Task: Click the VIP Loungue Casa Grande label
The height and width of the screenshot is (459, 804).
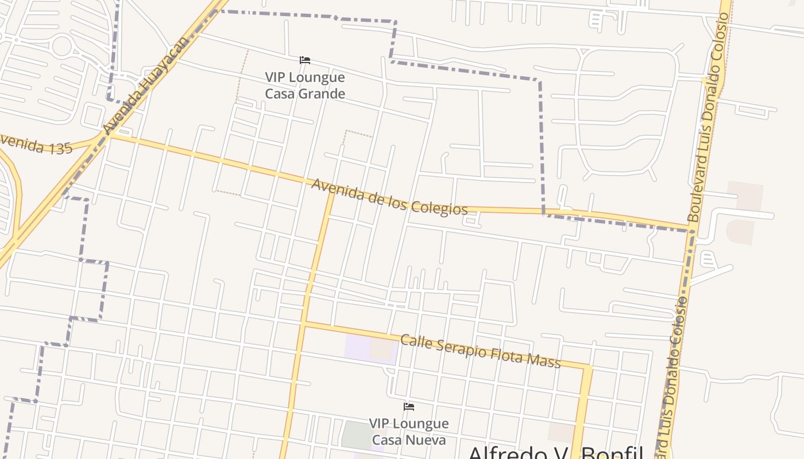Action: point(305,85)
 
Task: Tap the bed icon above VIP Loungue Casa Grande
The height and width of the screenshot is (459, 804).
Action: point(305,60)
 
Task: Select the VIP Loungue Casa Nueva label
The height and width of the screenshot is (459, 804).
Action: point(408,431)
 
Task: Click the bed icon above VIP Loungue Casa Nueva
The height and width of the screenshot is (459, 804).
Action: point(409,407)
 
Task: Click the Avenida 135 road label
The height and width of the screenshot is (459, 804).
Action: point(36,144)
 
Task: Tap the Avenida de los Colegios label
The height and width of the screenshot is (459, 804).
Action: point(389,197)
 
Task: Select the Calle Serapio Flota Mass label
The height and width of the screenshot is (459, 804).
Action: point(480,351)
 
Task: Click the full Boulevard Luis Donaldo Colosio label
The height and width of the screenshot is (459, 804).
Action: point(708,118)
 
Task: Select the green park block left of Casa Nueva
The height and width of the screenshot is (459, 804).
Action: point(356,434)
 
